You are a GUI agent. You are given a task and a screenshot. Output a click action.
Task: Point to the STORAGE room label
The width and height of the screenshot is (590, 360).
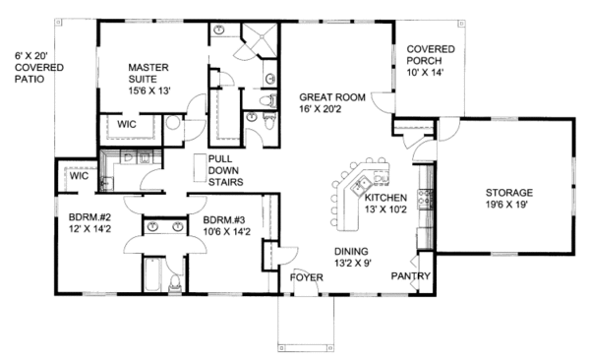pyautogui.click(x=509, y=192)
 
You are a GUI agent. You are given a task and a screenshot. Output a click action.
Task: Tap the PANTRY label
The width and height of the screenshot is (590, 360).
pyautogui.click(x=410, y=276)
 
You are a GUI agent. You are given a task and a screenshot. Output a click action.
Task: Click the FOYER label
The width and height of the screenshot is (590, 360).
pyautogui.click(x=307, y=277)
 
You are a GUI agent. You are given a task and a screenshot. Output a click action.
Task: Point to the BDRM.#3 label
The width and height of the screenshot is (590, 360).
pyautogui.click(x=225, y=220)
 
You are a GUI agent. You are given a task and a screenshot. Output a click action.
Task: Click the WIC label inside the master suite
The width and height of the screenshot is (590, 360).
pyautogui.click(x=127, y=125)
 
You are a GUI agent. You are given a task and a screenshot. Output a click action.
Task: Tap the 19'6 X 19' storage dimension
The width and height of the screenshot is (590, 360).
pyautogui.click(x=509, y=206)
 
